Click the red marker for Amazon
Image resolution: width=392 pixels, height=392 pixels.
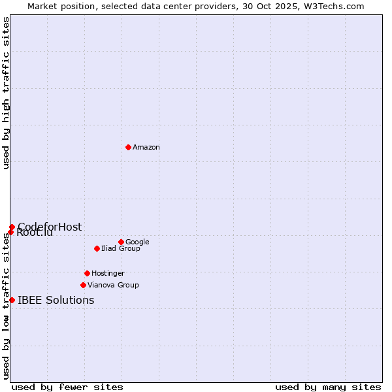[128, 147]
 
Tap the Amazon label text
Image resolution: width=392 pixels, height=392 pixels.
[146, 148]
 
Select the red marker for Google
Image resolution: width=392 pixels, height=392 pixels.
[121, 242]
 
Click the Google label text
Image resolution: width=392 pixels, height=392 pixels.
[137, 242]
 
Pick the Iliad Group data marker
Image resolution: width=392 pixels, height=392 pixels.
[97, 248]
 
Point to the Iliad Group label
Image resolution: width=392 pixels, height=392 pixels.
[121, 249]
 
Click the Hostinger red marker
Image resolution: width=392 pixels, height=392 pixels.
[87, 273]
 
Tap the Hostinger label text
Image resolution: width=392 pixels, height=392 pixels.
[108, 274]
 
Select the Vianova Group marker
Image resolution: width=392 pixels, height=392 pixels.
[83, 285]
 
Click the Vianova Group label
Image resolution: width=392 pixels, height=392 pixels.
[113, 286]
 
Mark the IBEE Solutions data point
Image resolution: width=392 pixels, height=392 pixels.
[12, 300]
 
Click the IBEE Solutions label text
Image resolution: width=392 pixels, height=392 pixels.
[56, 301]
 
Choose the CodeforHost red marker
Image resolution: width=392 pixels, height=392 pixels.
[12, 227]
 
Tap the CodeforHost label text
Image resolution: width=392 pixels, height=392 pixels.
[50, 227]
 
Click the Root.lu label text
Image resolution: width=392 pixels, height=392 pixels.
[35, 233]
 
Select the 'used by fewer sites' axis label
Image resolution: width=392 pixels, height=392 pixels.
[67, 387]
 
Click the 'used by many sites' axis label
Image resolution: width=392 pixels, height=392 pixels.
[328, 387]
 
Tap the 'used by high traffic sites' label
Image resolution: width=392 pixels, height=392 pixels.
[7, 93]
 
